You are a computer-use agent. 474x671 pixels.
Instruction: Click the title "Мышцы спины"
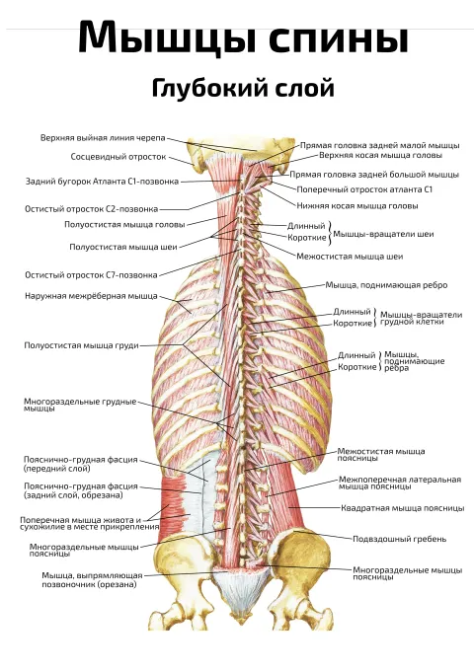243,38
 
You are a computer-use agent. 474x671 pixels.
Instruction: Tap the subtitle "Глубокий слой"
243,89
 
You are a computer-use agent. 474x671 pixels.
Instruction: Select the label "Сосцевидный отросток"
118,157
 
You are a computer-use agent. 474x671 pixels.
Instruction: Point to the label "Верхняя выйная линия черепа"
103,138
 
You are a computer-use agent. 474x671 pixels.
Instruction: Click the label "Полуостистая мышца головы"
124,225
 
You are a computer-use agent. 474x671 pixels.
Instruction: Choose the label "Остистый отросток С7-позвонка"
91,274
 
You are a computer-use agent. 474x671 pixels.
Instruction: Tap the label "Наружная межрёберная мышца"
91,296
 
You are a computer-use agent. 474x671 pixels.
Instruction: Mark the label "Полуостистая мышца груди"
81,345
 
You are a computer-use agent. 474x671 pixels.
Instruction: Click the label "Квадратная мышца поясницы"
403,508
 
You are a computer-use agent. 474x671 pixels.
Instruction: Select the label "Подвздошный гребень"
400,539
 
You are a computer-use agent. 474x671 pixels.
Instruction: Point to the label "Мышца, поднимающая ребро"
386,285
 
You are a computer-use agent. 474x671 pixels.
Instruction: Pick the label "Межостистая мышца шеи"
350,257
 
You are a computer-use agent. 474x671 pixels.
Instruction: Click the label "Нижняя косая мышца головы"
357,206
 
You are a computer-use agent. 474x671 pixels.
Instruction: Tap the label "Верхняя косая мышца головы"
380,155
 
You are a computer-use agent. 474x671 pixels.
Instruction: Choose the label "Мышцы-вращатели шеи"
384,234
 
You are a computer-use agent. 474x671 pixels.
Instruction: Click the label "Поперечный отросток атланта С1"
364,189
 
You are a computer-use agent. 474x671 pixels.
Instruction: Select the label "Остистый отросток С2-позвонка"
91,209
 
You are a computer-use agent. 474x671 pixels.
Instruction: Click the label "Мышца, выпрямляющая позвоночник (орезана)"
92,580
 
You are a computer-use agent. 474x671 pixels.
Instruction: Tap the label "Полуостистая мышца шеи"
123,247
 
